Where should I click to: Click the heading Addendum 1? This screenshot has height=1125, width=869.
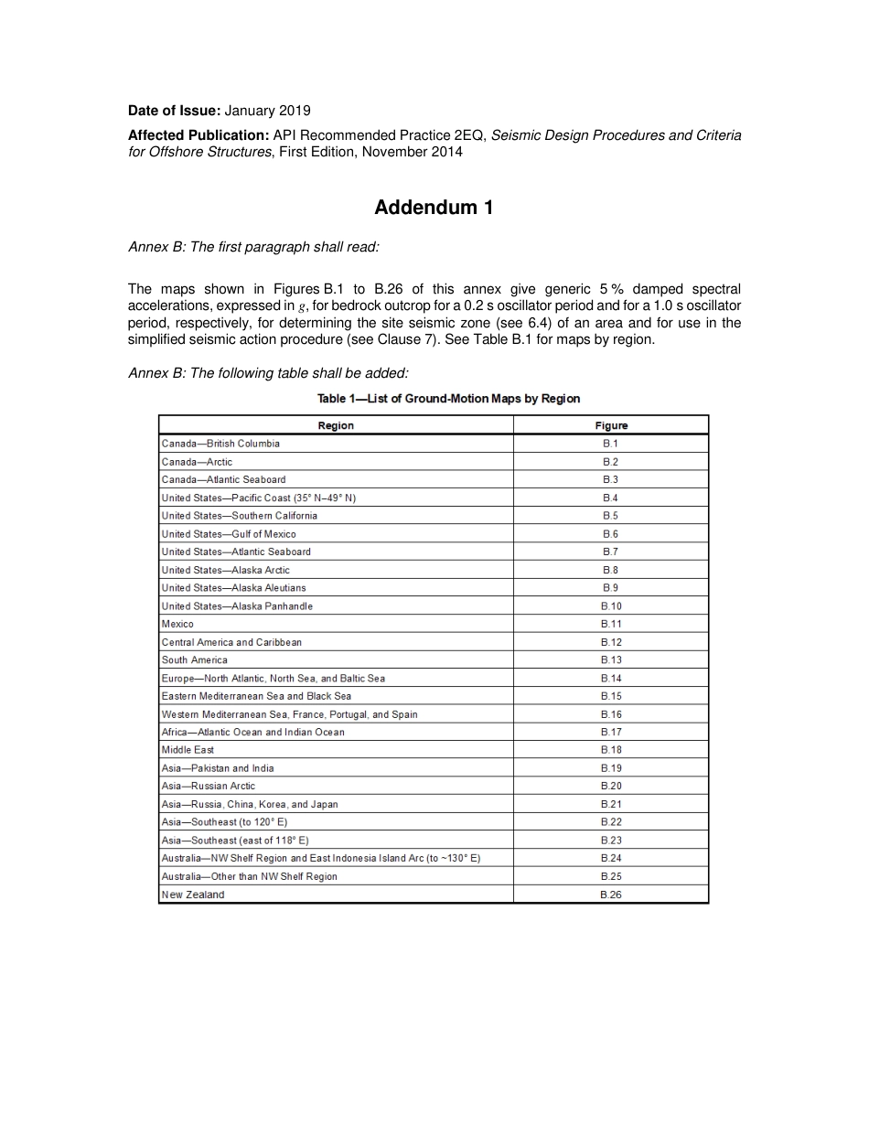click(x=434, y=208)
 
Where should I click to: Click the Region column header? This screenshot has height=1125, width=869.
click(x=336, y=425)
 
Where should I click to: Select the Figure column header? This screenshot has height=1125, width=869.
click(x=610, y=425)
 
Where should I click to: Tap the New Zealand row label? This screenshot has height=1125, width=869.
click(x=193, y=895)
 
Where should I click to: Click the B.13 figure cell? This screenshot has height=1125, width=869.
click(x=610, y=659)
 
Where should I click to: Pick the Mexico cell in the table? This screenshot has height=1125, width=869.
click(x=177, y=624)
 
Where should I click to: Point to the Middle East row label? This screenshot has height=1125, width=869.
click(x=188, y=750)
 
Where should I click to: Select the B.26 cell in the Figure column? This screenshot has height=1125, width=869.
click(x=610, y=895)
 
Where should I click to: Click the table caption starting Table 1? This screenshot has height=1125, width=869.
click(x=448, y=399)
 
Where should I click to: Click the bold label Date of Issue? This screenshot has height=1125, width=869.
click(x=174, y=111)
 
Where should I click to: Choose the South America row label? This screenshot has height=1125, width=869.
click(x=195, y=659)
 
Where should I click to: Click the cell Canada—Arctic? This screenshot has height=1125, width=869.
click(x=197, y=462)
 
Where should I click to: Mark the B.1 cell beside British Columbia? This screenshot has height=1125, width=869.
click(x=610, y=444)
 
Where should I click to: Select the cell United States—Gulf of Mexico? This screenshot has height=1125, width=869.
click(x=229, y=534)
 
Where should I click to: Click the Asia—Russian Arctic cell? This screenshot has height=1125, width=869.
click(x=209, y=786)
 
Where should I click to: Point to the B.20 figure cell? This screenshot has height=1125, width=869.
click(x=610, y=786)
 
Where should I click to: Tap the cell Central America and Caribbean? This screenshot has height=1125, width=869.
click(x=231, y=642)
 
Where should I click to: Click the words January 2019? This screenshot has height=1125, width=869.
click(x=267, y=111)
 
